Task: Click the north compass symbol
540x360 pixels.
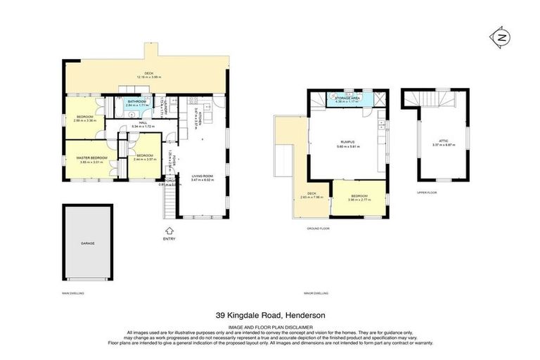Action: click(x=501, y=38)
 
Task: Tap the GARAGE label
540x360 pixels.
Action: click(x=87, y=243)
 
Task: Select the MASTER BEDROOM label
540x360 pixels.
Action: click(x=92, y=157)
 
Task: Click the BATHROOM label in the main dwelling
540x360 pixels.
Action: click(x=136, y=101)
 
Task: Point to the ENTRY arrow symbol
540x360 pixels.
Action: click(x=169, y=230)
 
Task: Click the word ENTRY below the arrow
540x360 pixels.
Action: click(x=169, y=239)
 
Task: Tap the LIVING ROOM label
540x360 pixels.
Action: click(x=202, y=176)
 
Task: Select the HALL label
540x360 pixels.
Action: click(x=143, y=122)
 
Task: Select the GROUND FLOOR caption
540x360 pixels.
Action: click(x=319, y=229)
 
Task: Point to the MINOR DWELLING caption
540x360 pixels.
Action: click(x=316, y=292)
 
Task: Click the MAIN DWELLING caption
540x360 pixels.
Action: click(x=73, y=292)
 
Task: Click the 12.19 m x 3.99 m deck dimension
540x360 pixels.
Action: click(x=148, y=77)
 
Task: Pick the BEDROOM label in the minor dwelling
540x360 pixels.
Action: click(x=359, y=196)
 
